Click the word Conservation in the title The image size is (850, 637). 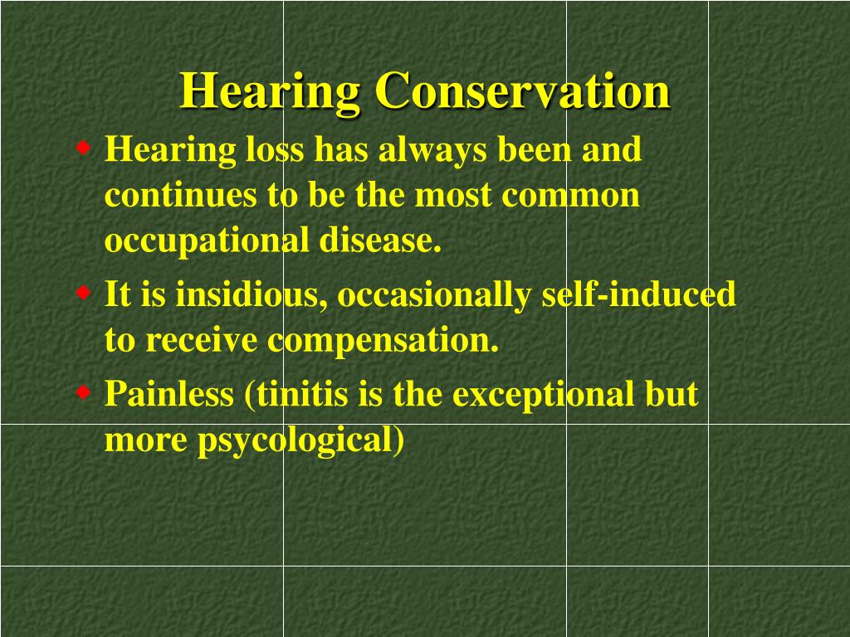522,91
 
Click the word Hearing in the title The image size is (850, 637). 270,91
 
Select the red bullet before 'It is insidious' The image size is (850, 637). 84,293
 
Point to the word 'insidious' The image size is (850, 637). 248,295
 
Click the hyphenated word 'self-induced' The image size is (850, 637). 638,295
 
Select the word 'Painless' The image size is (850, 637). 169,394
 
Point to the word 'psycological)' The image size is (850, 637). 300,441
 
